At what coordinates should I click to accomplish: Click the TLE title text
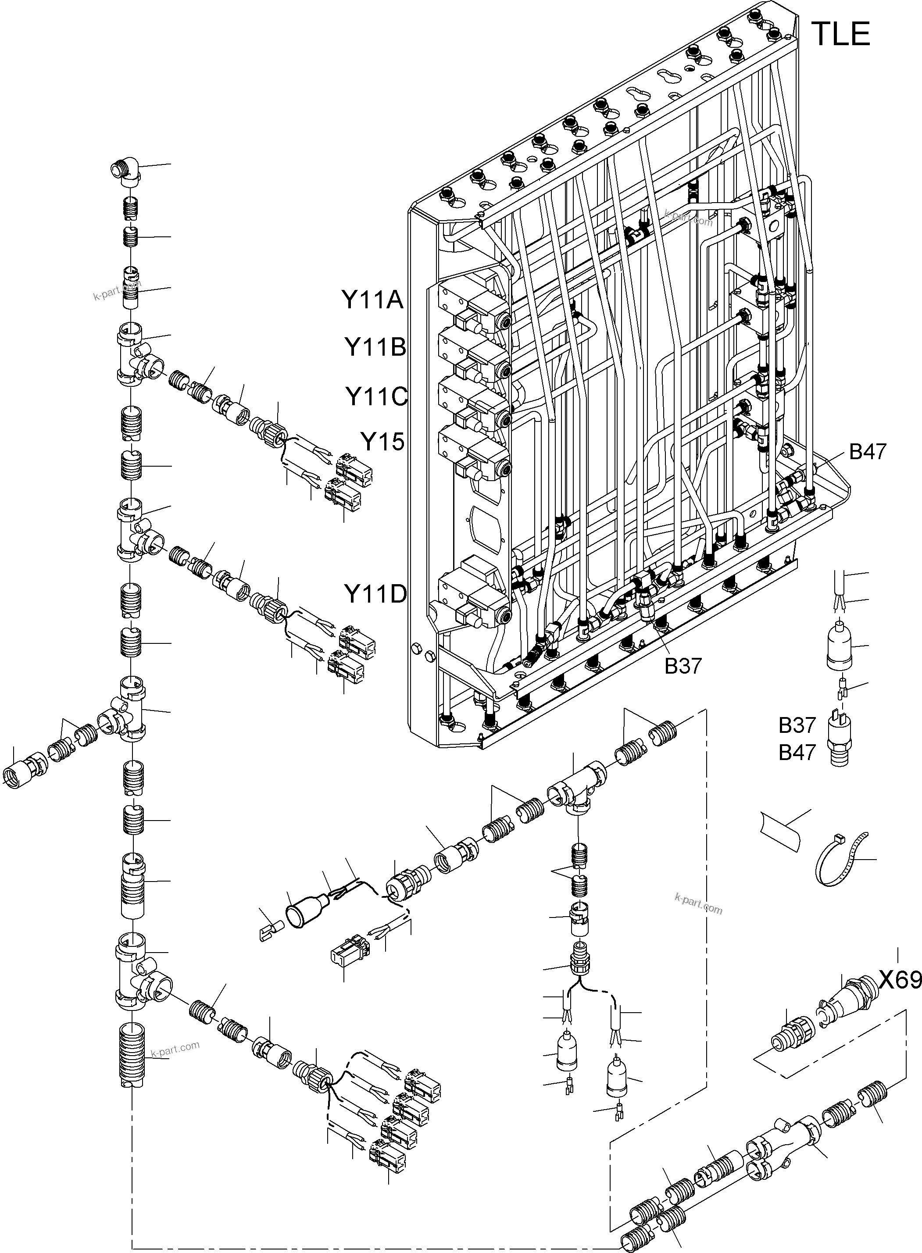point(840,34)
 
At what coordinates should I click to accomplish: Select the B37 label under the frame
point(683,666)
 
